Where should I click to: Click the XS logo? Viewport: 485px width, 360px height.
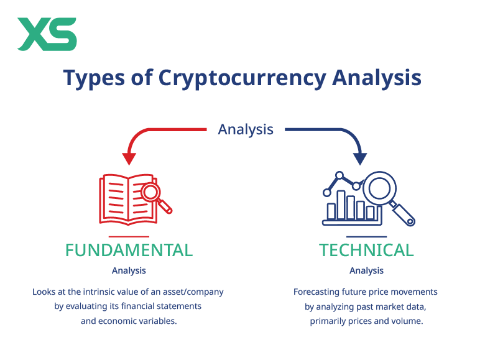pyautogui.click(x=47, y=34)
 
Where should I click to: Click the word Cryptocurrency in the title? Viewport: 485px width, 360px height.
pyautogui.click(x=241, y=78)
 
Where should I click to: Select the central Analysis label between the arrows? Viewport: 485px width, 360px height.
pyautogui.click(x=246, y=129)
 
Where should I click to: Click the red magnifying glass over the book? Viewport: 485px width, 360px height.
pyautogui.click(x=152, y=193)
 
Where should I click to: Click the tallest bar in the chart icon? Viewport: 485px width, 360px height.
pyautogui.click(x=340, y=205)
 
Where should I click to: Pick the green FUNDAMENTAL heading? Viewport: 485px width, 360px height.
pyautogui.click(x=129, y=250)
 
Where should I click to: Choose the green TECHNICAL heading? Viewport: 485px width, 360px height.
pyautogui.click(x=366, y=250)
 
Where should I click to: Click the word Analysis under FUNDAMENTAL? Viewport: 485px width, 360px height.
pyautogui.click(x=129, y=270)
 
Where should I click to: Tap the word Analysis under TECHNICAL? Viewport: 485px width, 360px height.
pyautogui.click(x=366, y=270)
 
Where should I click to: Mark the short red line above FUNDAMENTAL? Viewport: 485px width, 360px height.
pyautogui.click(x=129, y=236)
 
